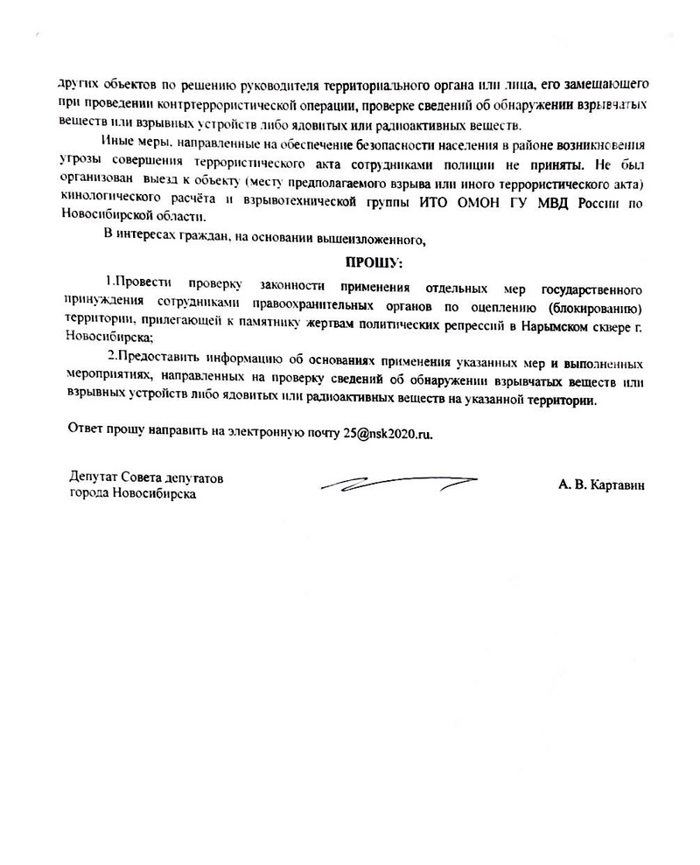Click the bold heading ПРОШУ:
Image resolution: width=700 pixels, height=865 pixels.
pos(374,262)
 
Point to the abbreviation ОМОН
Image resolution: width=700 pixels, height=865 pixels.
pos(463,202)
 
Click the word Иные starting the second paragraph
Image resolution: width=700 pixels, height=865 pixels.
pos(117,142)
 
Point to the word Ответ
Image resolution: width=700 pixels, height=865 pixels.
pos(86,433)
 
